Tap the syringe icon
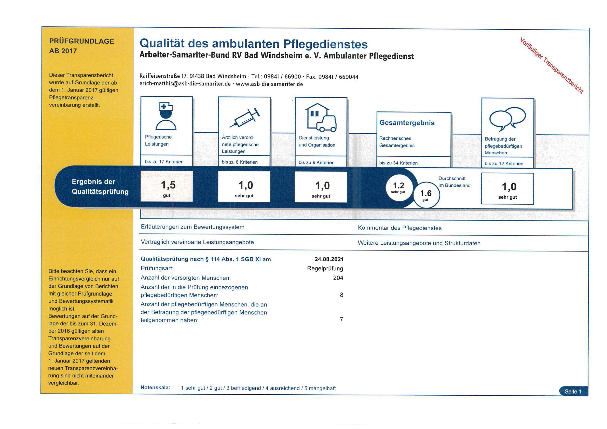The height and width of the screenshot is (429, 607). tap(244, 118)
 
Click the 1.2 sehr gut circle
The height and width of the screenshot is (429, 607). tap(398, 187)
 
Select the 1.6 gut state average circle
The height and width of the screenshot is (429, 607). tap(426, 195)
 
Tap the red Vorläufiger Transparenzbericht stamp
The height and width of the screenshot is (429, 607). tap(551, 65)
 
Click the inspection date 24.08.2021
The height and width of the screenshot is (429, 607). tap(329, 259)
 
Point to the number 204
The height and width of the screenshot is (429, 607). tap(338, 278)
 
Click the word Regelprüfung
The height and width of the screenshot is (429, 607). tap(325, 268)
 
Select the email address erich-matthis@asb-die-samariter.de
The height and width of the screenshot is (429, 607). tap(185, 84)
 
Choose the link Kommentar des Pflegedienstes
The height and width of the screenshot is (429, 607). tap(400, 228)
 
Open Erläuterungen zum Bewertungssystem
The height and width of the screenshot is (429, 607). tap(192, 227)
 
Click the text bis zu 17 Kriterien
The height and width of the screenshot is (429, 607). tap(164, 162)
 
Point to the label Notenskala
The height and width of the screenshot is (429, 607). tap(155, 387)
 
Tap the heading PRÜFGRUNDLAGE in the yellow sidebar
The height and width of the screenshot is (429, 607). tap(81, 41)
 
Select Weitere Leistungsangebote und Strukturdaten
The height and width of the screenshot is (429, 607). tap(419, 243)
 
